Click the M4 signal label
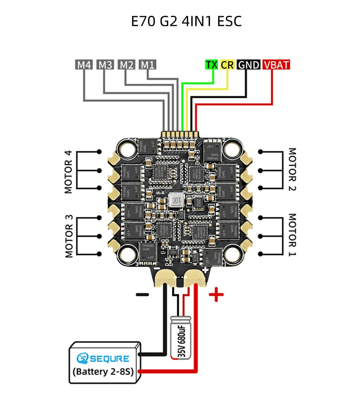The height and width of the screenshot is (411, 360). [x=84, y=64]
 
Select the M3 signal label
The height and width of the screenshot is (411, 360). [x=105, y=64]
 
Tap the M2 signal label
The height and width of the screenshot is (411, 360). [x=126, y=64]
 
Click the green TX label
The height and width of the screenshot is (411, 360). [x=212, y=64]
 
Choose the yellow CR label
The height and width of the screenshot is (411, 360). [x=227, y=64]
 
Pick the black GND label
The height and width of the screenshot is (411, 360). [x=249, y=64]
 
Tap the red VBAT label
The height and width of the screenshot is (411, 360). [x=276, y=64]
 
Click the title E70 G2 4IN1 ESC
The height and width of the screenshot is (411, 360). [x=186, y=21]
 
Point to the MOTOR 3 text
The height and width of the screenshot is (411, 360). [x=69, y=236]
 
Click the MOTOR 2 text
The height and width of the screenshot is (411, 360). [x=292, y=169]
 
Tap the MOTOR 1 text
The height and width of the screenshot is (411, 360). [x=292, y=234]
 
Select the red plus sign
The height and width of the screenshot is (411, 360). [x=216, y=295]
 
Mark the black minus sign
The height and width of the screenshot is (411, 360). [x=142, y=295]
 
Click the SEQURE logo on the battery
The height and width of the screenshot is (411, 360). [x=103, y=358]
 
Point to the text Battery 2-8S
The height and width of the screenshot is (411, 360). [x=103, y=371]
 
